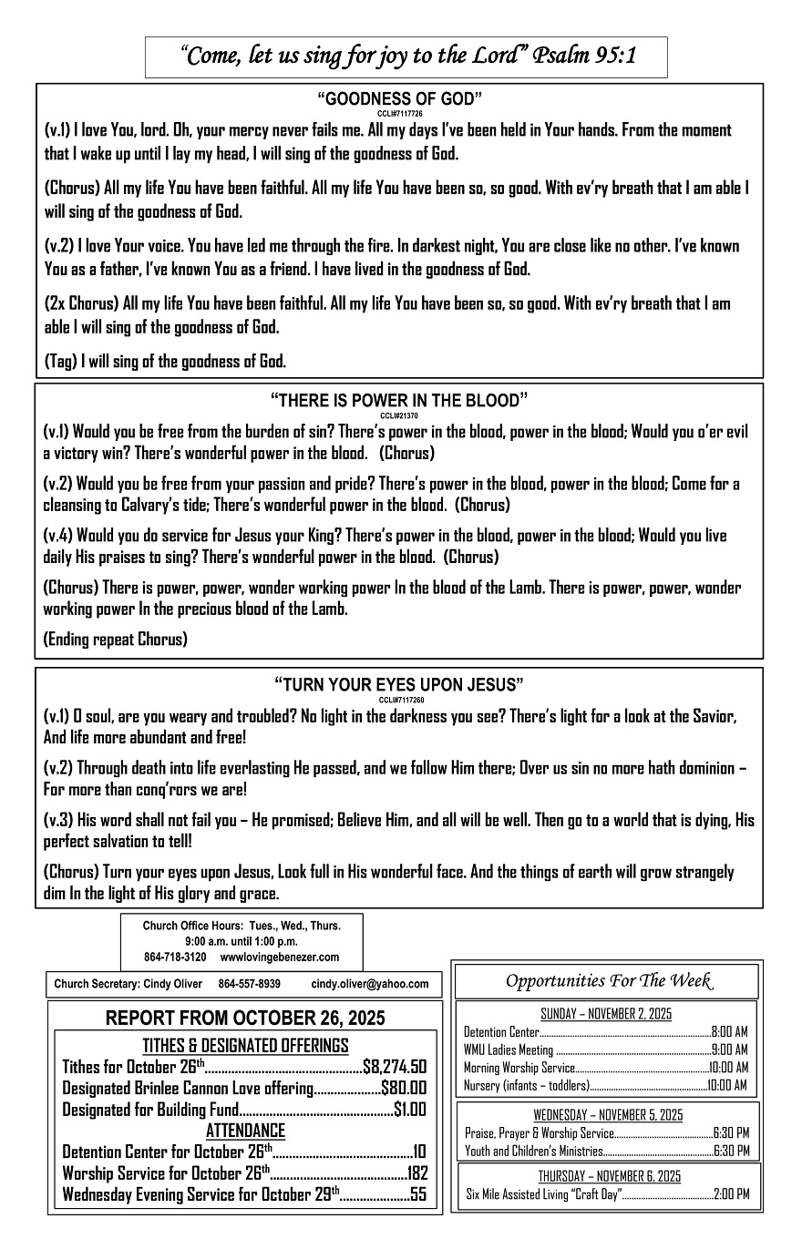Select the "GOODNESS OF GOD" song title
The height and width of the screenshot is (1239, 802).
coord(399,98)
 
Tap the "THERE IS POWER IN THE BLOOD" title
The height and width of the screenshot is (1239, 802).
coord(399,400)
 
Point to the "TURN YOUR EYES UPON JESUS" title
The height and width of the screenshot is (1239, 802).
coord(399,684)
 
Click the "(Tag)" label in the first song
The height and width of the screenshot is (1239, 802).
coord(61,362)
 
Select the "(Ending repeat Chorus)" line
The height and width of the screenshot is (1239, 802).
coord(116,639)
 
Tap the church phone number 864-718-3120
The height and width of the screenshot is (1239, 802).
coord(175,957)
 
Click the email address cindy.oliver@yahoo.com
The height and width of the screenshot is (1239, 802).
coord(369,984)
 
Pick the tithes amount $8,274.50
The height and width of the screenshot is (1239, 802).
coord(395,1067)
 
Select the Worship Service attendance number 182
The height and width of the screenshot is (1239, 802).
coord(417,1172)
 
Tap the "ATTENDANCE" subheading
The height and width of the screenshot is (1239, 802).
coord(245,1131)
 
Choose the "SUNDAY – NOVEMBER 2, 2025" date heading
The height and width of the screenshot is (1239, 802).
coord(606,1014)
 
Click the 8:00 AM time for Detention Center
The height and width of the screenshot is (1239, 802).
coord(729,1032)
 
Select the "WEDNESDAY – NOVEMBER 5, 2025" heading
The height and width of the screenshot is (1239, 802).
coord(607,1115)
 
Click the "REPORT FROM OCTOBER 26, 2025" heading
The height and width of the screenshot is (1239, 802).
coord(245,1018)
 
